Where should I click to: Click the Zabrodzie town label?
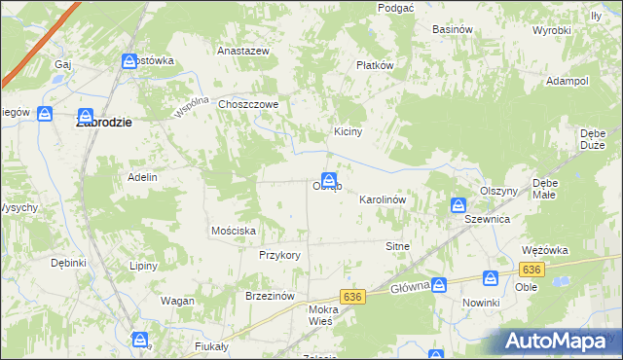[104, 124]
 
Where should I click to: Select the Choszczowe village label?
[249, 104]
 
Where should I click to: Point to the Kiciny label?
[348, 132]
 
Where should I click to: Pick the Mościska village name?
[234, 231]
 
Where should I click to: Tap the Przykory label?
[279, 255]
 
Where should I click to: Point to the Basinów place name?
[453, 29]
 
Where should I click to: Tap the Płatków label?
[374, 66]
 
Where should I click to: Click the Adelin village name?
[142, 177]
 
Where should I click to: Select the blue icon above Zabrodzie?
[86, 115]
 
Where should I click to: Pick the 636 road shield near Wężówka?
[531, 269]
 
